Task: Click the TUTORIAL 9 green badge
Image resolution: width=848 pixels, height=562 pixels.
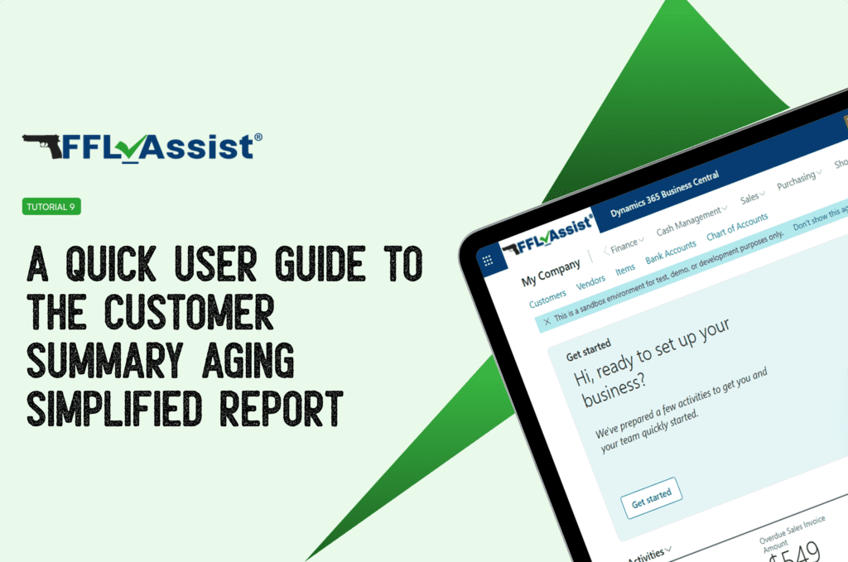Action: pyautogui.click(x=51, y=207)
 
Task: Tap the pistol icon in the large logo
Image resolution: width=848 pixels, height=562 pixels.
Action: pyautogui.click(x=41, y=146)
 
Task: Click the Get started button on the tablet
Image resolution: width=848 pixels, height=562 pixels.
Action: pyautogui.click(x=651, y=497)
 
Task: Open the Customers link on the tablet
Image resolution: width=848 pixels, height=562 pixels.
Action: pyautogui.click(x=547, y=299)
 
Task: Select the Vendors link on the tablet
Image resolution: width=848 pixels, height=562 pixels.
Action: pyautogui.click(x=590, y=283)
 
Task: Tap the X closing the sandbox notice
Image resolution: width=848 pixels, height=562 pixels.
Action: pyautogui.click(x=547, y=320)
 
